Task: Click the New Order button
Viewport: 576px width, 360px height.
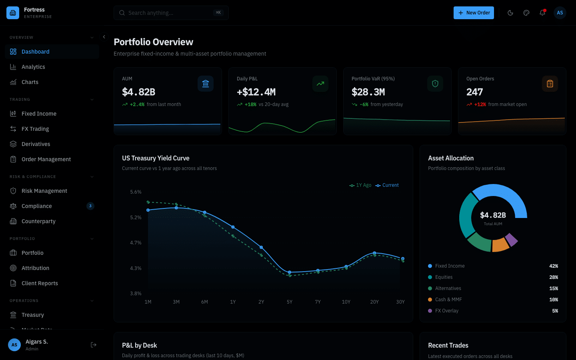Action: pos(474,13)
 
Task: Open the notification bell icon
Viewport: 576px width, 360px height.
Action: pos(542,13)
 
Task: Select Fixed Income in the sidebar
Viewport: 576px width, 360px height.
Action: pos(39,114)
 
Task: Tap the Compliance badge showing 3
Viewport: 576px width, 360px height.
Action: pos(90,206)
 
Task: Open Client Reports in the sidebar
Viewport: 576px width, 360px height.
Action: pos(40,283)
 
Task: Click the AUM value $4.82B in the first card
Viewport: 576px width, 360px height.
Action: pos(138,92)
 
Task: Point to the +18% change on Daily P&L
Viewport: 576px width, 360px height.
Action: pos(250,104)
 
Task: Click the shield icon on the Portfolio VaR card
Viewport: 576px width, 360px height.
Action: pos(435,84)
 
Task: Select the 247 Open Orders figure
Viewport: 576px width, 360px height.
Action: pos(474,92)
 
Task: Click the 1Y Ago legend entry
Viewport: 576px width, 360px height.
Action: pos(360,185)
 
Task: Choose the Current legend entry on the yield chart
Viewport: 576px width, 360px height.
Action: pos(387,185)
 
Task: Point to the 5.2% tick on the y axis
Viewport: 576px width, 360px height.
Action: pos(136,218)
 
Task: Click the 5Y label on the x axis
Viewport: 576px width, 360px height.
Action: pos(290,302)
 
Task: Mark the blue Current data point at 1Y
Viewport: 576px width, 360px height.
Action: pos(233,227)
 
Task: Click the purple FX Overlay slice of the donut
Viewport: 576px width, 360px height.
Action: pos(512,240)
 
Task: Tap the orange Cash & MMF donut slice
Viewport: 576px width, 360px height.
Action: pos(500,244)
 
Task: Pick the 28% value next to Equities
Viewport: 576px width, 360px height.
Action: pos(554,277)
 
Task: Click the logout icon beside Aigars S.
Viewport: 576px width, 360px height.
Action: pos(94,345)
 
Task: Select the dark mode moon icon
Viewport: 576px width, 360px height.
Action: pos(510,13)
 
